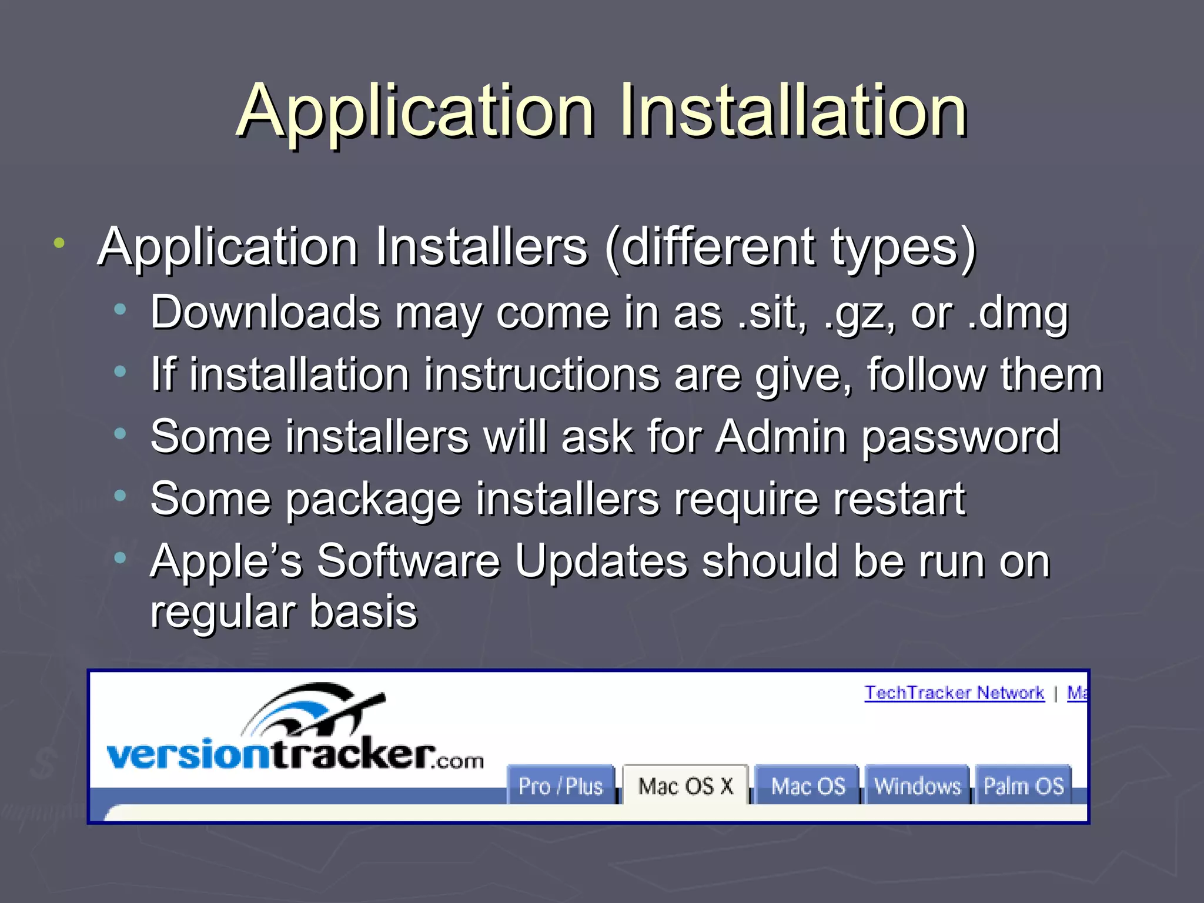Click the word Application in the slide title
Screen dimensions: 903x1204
pyautogui.click(x=416, y=112)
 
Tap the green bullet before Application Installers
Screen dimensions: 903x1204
pyautogui.click(x=59, y=243)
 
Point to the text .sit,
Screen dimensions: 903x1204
pyautogui.click(x=772, y=313)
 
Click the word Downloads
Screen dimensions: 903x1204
pyautogui.click(x=265, y=313)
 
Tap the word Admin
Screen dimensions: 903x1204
pyautogui.click(x=781, y=437)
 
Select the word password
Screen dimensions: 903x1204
pyautogui.click(x=961, y=438)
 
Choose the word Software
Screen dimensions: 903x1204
pyautogui.click(x=409, y=561)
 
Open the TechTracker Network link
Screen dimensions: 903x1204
pyautogui.click(x=954, y=693)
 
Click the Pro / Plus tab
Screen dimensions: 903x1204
pyautogui.click(x=560, y=786)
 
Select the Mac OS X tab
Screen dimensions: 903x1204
pyautogui.click(x=685, y=786)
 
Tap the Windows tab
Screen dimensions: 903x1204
pyautogui.click(x=917, y=786)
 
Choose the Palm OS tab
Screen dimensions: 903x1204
pyautogui.click(x=1024, y=786)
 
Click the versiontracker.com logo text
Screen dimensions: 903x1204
pyautogui.click(x=294, y=755)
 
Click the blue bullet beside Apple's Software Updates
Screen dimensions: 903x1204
pyautogui.click(x=121, y=558)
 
